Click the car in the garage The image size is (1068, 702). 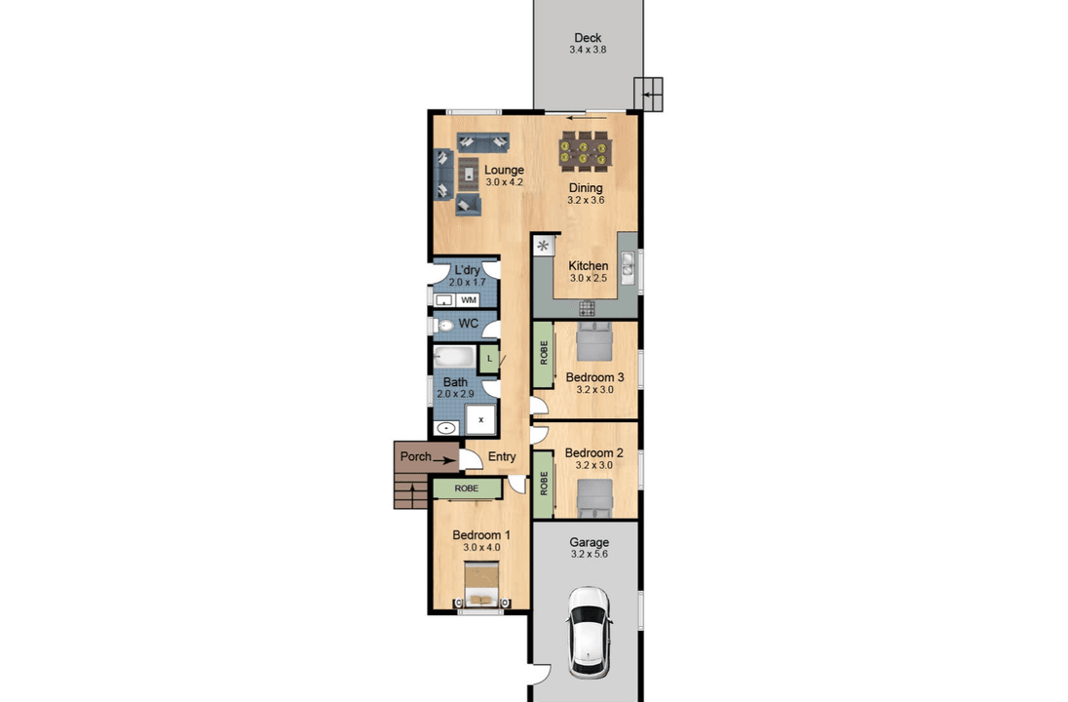coord(590,633)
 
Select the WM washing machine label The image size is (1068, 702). coord(469,300)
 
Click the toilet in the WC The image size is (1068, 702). coord(444,326)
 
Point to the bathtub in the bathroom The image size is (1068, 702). coord(454,357)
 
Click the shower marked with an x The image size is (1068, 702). coord(480,420)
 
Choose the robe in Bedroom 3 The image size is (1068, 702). coord(543,353)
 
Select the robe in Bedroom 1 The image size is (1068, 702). coord(468,488)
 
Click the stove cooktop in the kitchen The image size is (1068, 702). coord(587,309)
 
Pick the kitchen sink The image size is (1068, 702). coord(628,268)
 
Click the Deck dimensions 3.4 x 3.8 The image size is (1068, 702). coord(588,50)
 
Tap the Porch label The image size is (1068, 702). coord(415,456)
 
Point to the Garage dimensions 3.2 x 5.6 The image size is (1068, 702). coord(590,554)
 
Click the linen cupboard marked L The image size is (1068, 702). coord(489,359)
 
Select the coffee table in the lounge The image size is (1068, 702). coord(468,173)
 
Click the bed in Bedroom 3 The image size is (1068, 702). coord(594,341)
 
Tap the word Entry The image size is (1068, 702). coord(502,456)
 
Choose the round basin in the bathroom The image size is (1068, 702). coord(445,428)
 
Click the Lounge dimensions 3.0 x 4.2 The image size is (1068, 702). coord(504,182)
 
